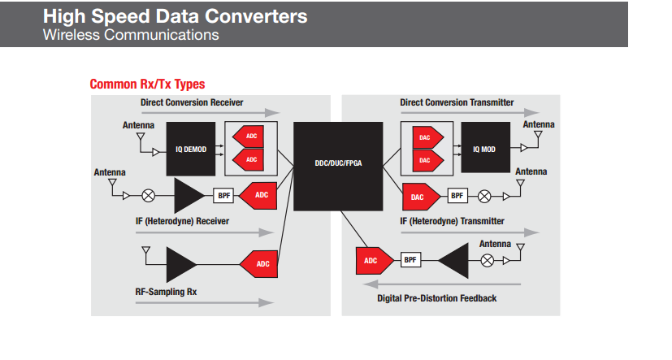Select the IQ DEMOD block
tap(189, 150)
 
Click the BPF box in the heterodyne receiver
tap(223, 195)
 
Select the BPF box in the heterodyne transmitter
tap(457, 195)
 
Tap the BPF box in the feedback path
tap(411, 260)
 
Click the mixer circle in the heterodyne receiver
tap(149, 195)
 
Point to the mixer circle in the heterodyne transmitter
tap(484, 195)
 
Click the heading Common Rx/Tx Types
tap(147, 84)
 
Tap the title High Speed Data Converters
tap(175, 16)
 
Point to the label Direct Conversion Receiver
tap(192, 102)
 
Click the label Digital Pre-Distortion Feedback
tap(436, 298)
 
